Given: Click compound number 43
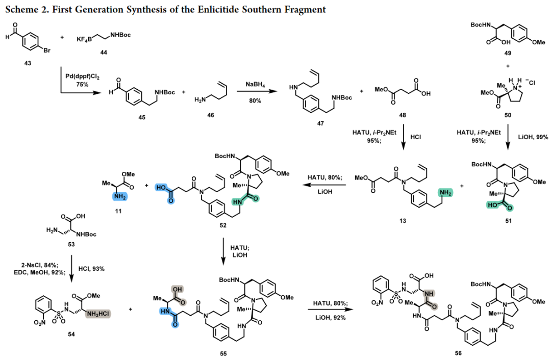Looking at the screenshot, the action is pyautogui.click(x=28, y=63).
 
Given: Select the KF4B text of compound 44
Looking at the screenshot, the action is pyautogui.click(x=84, y=39).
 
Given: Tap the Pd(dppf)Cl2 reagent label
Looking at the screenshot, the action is pyautogui.click(x=83, y=76).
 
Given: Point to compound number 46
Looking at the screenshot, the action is pyautogui.click(x=211, y=115).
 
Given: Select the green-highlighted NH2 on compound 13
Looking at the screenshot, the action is pyautogui.click(x=445, y=193).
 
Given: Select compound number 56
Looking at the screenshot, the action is pyautogui.click(x=458, y=353).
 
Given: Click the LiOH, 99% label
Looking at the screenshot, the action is pyautogui.click(x=533, y=137).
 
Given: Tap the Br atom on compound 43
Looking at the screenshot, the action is pyautogui.click(x=47, y=50).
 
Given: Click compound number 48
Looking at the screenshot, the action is pyautogui.click(x=403, y=115).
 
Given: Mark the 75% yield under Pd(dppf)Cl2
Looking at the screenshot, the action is pyautogui.click(x=82, y=85).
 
